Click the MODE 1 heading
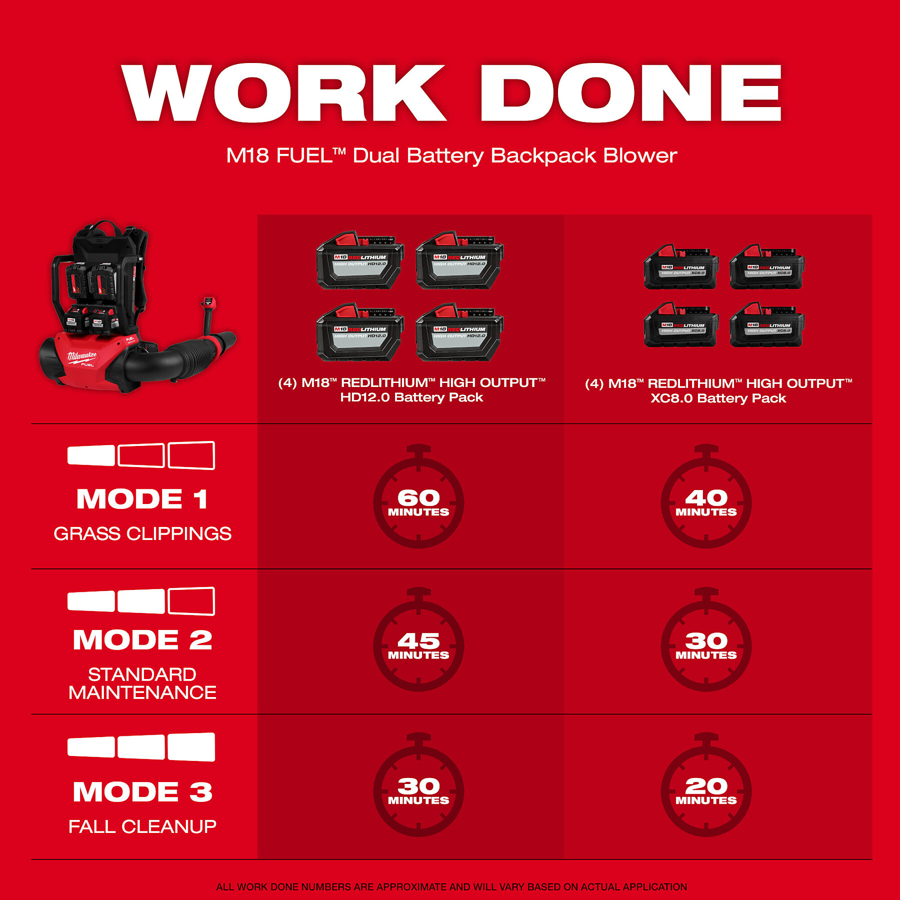point(143,499)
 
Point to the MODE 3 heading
point(143,792)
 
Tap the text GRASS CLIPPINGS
point(143,533)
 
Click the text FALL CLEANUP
point(143,826)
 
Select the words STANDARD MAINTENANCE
point(143,684)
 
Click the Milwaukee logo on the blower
point(82,357)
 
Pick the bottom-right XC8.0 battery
point(767,325)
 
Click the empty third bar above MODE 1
point(191,455)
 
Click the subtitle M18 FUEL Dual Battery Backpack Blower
point(451,156)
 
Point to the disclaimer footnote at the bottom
point(451,886)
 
